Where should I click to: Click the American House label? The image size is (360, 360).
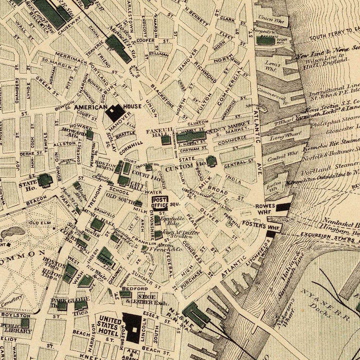(90, 107)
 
